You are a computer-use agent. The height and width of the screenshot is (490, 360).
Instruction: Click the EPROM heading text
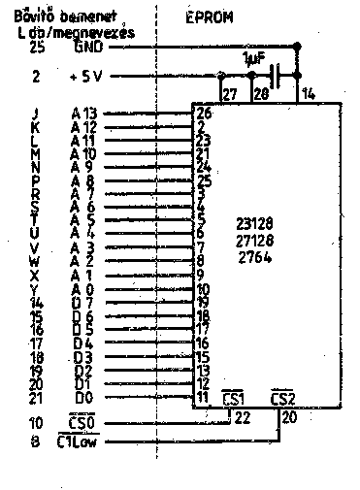click(x=210, y=17)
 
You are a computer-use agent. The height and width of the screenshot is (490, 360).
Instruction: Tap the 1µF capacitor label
click(x=254, y=59)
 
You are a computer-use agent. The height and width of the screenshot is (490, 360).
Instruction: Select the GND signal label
click(x=84, y=46)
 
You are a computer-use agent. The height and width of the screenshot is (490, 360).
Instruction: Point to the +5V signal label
click(x=85, y=76)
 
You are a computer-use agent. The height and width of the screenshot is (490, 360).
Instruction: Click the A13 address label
click(x=84, y=113)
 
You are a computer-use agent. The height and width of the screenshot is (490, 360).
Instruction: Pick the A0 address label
click(x=84, y=289)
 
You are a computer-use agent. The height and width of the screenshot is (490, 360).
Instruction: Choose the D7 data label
click(x=84, y=303)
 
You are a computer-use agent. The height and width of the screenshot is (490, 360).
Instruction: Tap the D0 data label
click(x=84, y=398)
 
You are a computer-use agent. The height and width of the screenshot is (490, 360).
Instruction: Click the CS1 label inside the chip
click(x=234, y=400)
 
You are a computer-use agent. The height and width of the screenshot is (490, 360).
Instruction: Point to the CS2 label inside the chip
click(x=282, y=400)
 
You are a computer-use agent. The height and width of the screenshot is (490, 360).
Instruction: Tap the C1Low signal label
click(x=81, y=443)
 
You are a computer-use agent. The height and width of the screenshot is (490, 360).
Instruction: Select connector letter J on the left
click(x=36, y=113)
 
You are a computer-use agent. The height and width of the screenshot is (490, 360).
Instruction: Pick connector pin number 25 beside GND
click(x=37, y=46)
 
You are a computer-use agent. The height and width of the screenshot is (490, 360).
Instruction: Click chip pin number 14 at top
click(x=308, y=93)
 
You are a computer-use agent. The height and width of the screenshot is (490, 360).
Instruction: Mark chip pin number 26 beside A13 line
click(x=203, y=113)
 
